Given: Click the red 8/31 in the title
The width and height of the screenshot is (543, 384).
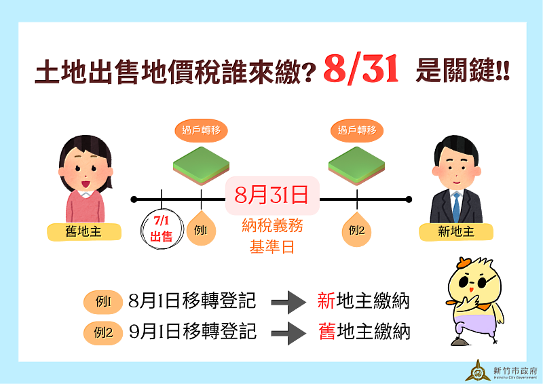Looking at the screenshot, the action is [x=361, y=69].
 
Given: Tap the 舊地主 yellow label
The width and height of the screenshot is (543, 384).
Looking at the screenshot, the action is [x=84, y=231].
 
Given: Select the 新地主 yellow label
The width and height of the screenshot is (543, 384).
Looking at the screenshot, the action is [x=455, y=231].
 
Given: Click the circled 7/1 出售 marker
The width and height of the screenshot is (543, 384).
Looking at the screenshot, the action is [x=162, y=229].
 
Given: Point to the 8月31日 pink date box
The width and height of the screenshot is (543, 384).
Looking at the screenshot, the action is [x=272, y=195].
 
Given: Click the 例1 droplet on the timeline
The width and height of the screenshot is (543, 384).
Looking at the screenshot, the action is [x=201, y=228].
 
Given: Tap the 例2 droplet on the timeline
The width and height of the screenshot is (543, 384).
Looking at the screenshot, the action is [x=357, y=229].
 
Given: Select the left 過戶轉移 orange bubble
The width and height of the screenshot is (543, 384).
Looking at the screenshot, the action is [x=201, y=130].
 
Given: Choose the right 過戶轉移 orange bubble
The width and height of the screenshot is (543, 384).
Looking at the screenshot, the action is [x=357, y=130].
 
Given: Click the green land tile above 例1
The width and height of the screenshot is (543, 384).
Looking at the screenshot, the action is [x=201, y=166].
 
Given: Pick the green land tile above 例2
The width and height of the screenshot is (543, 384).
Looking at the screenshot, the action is [x=357, y=166].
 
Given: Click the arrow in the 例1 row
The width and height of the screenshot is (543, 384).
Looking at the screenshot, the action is [x=288, y=303].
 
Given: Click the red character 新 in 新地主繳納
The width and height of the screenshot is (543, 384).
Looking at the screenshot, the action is [x=326, y=301].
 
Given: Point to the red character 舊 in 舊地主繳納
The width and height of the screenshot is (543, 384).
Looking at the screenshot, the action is [x=327, y=331].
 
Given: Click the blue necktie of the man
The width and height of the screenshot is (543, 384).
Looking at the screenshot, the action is [x=456, y=207].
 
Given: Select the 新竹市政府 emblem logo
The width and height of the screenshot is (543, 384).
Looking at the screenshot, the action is [x=479, y=370].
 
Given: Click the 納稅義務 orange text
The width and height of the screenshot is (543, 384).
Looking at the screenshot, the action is [x=272, y=226].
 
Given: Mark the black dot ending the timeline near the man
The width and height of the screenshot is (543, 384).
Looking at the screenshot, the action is [x=409, y=199].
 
